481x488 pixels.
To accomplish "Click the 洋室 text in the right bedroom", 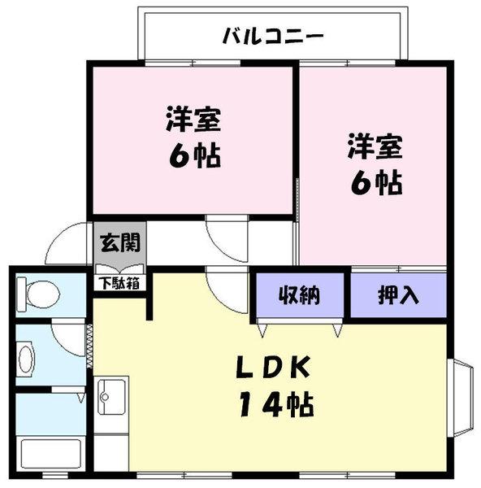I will pyautogui.click(x=375, y=148).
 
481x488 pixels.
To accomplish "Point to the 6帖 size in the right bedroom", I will pyautogui.click(x=375, y=183).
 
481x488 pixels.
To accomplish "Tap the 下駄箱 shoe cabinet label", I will pyautogui.click(x=118, y=284).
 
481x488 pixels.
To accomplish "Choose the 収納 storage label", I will pyautogui.click(x=301, y=294).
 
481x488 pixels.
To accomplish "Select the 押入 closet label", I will pyautogui.click(x=397, y=294).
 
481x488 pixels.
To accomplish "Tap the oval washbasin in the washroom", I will pyautogui.click(x=26, y=357).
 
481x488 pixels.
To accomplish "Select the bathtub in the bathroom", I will pyautogui.click(x=49, y=454).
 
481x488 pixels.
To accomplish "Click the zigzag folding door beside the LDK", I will pyautogui.click(x=89, y=346).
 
